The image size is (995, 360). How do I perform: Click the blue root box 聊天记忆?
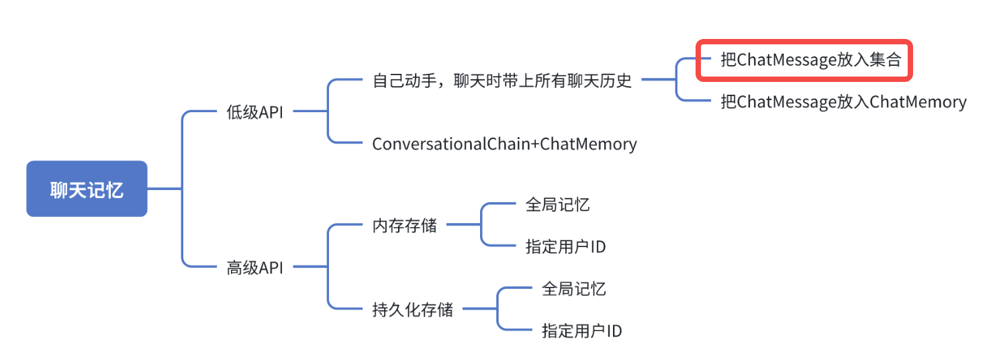[87, 189]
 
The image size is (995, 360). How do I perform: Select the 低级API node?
[255, 112]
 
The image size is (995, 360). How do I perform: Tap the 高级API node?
[255, 268]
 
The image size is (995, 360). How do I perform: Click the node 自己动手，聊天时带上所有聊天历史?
[502, 81]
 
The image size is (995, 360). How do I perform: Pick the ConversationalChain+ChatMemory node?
[504, 144]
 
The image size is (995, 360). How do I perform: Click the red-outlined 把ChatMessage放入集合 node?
[804, 60]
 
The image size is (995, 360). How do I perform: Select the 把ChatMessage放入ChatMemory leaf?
[843, 102]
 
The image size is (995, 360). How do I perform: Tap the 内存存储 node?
[404, 226]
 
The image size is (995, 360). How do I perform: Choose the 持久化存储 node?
[412, 310]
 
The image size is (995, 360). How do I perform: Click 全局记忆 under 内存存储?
[557, 205]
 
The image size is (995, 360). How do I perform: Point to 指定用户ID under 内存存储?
[565, 246]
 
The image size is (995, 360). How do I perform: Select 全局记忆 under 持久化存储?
[573, 289]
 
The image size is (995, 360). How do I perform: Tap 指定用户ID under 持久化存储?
[581, 330]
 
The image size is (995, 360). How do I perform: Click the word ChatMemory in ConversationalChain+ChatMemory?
[588, 144]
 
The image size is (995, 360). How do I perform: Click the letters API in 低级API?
[271, 112]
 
